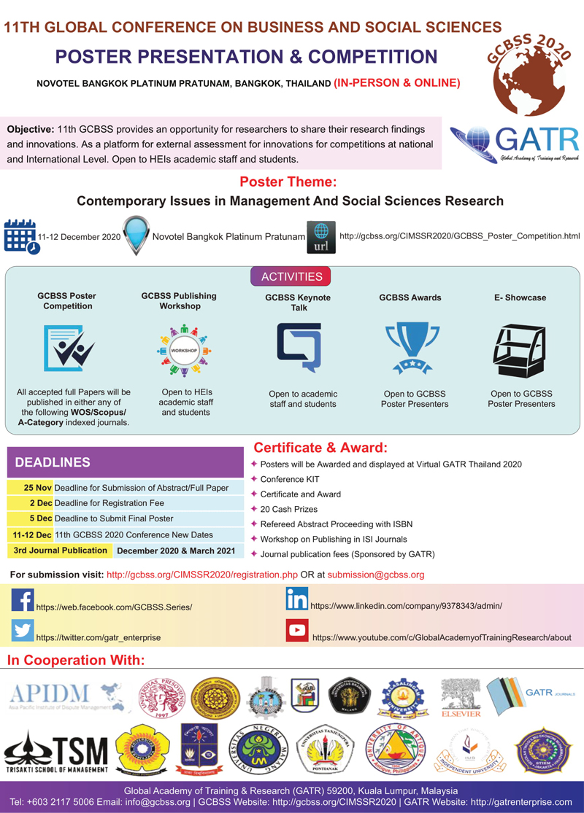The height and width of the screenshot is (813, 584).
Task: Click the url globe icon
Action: point(321,237)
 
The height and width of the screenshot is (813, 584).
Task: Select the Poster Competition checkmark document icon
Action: point(68,347)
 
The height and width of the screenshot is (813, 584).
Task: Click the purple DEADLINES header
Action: point(124,462)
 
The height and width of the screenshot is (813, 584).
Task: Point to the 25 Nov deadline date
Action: point(37,488)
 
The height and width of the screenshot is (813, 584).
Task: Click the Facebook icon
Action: point(23,599)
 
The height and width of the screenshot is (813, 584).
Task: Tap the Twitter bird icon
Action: point(23,630)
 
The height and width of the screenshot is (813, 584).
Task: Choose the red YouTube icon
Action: point(297,629)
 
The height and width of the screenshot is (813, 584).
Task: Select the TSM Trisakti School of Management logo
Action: point(57,751)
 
